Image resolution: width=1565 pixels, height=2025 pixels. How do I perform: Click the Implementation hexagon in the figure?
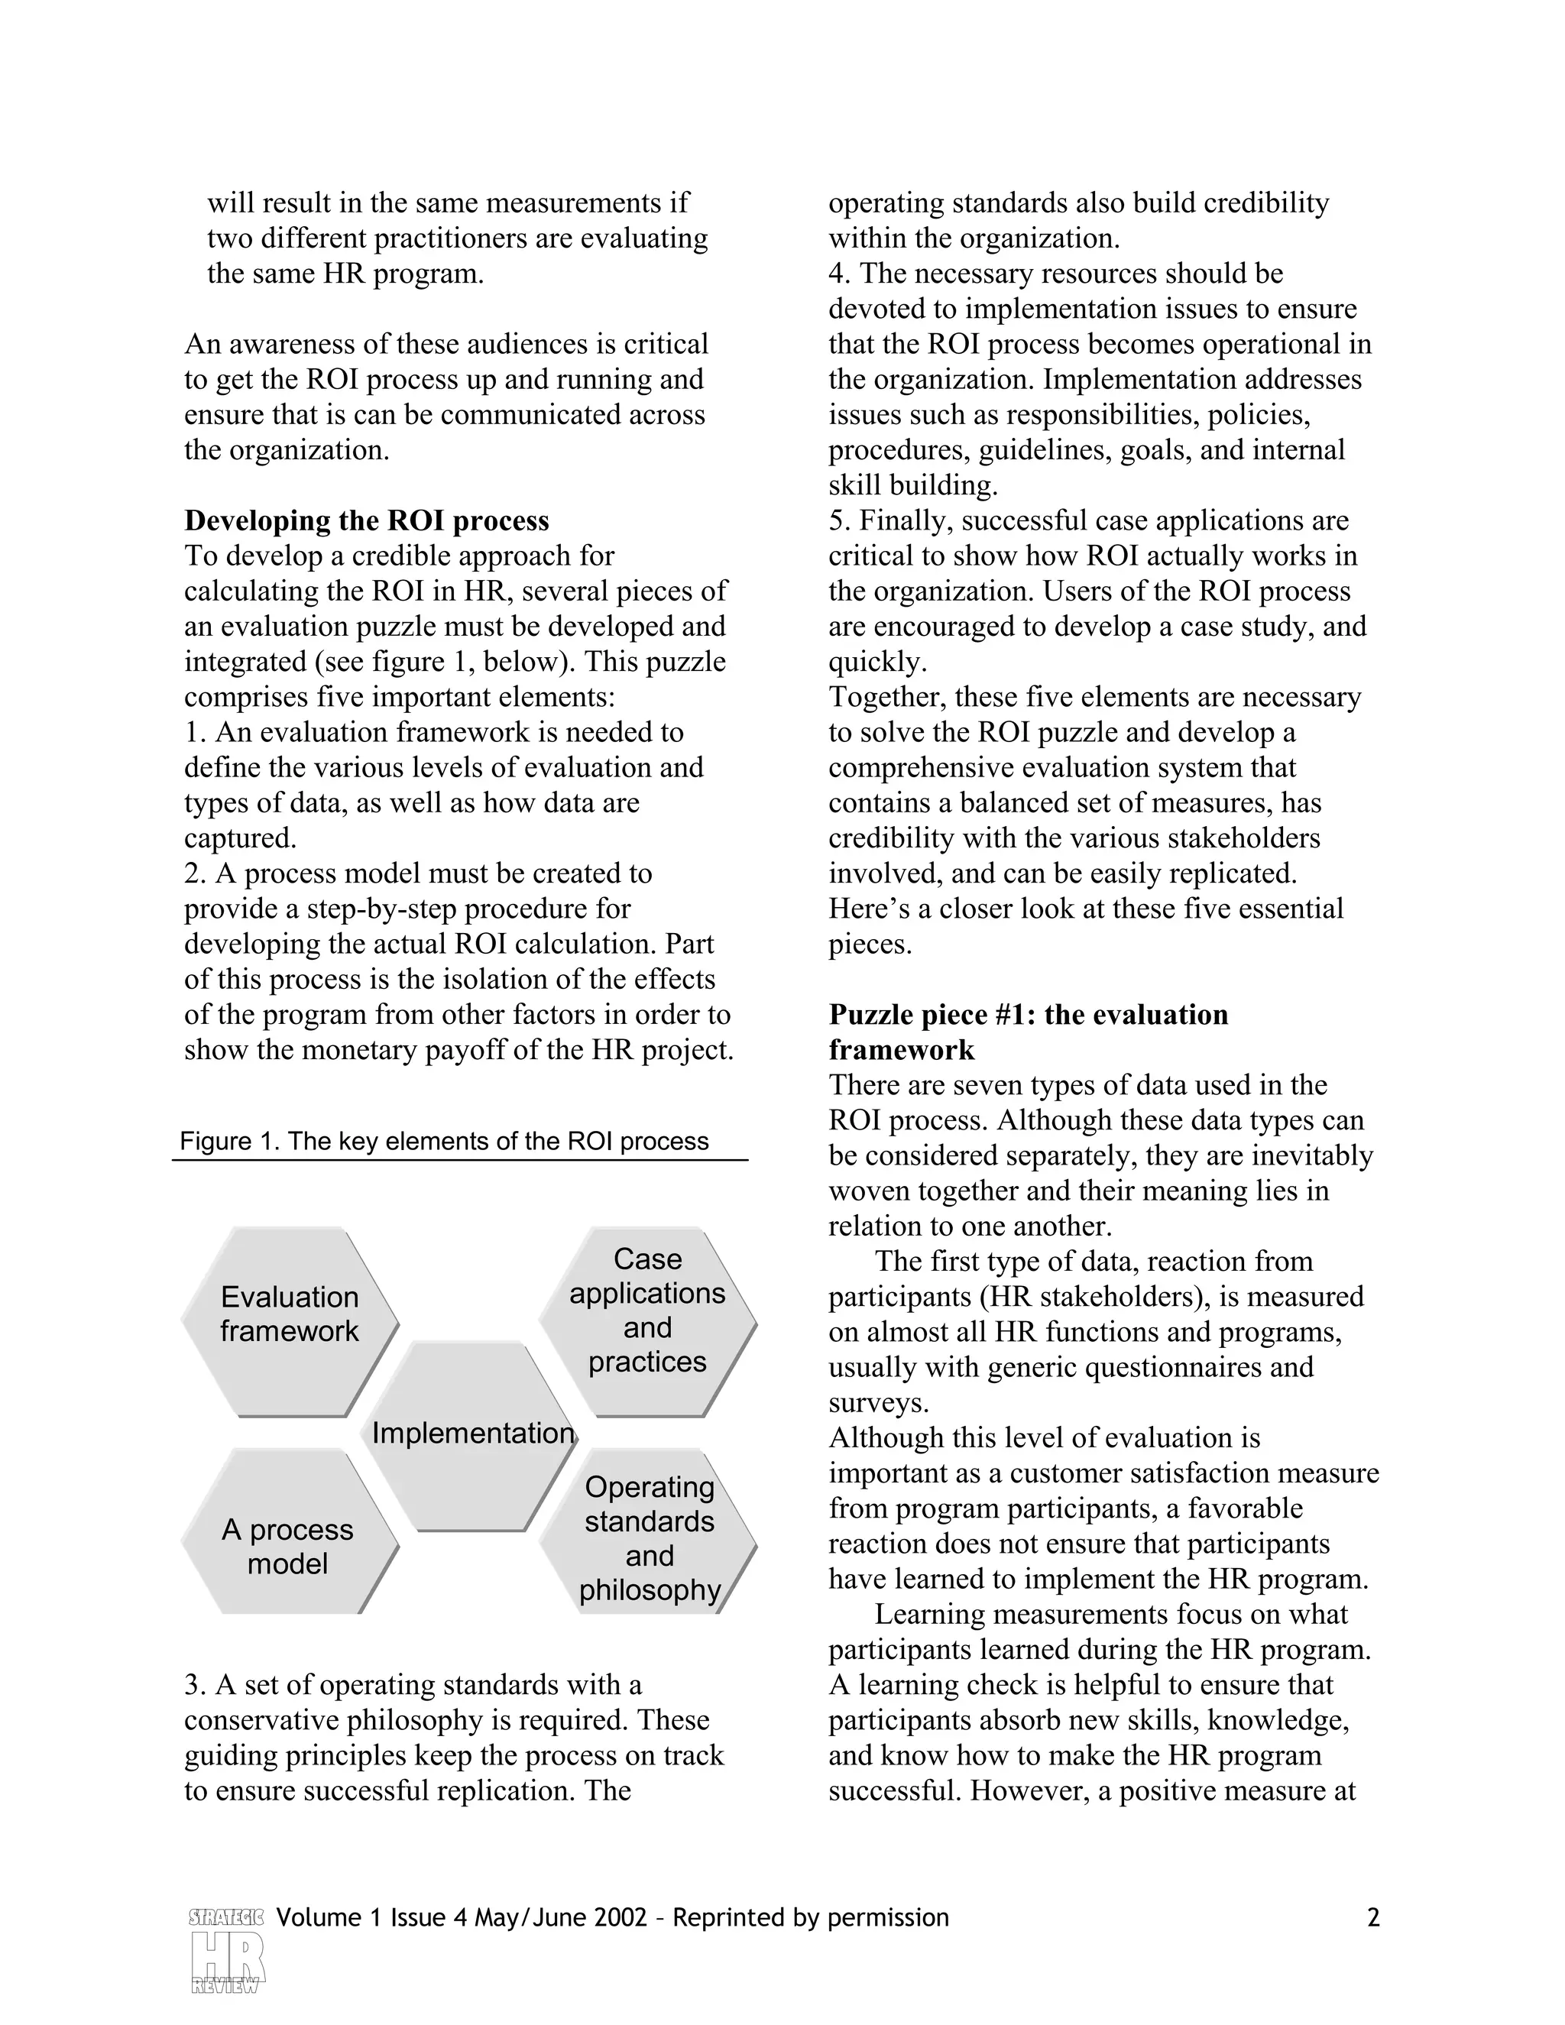(468, 1434)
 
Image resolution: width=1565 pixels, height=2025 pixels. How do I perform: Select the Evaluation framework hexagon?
(290, 1314)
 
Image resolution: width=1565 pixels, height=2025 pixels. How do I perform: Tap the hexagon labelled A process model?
(290, 1546)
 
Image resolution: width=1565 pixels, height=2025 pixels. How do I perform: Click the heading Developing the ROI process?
(366, 520)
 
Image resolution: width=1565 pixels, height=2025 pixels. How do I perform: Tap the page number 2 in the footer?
(1373, 1916)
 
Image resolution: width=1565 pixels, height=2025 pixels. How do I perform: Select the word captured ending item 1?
(239, 838)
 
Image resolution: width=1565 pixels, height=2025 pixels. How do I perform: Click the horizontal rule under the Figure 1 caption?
(460, 1160)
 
